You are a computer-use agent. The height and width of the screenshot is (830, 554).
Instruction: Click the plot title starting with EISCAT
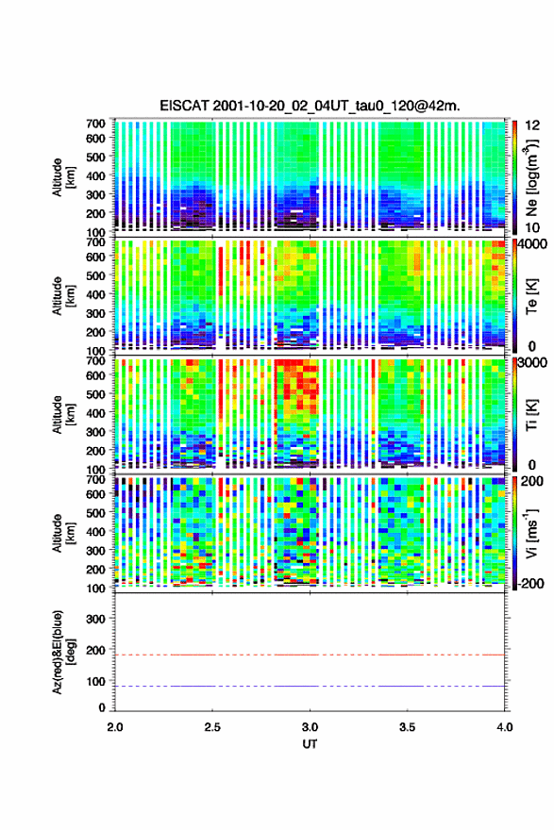coord(310,106)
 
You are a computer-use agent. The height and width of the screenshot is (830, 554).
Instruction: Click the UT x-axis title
coord(310,744)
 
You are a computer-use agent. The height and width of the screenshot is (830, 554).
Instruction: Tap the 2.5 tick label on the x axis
coord(212,727)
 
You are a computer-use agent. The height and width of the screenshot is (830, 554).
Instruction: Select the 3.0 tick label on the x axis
coord(310,727)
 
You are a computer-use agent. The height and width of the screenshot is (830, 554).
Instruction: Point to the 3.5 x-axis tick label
coord(408,727)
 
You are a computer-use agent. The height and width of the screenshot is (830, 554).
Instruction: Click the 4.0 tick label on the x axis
coord(505,727)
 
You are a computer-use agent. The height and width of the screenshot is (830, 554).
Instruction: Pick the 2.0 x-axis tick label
coord(115,727)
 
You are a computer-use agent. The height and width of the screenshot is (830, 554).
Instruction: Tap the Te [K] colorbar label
coord(531,296)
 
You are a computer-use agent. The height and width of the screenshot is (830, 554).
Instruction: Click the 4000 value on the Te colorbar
coord(533,244)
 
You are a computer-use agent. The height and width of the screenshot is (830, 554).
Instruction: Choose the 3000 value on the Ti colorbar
coord(533,362)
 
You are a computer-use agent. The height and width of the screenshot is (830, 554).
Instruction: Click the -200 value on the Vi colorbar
coord(530,583)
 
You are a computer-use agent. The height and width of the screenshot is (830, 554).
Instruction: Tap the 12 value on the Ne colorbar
coord(532,125)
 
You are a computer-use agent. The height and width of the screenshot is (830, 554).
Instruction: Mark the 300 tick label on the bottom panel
coord(95,619)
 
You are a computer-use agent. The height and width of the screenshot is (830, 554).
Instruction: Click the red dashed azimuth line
coord(310,655)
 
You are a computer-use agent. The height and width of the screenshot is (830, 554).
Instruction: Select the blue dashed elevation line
coord(310,686)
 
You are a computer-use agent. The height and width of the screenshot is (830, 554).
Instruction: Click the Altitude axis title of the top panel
coord(63,177)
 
